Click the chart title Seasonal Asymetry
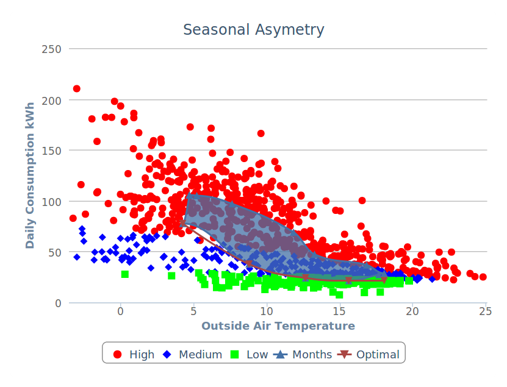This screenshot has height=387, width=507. tap(254, 30)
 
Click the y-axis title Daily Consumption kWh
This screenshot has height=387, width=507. tap(30, 176)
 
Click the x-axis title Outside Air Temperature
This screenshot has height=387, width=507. tap(278, 326)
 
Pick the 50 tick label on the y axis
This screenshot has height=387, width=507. tap(56, 252)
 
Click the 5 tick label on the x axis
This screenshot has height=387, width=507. tap(193, 311)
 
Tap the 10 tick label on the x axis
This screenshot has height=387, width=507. tap(267, 311)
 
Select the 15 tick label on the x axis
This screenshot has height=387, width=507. tap(340, 311)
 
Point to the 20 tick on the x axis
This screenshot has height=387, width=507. tap(413, 311)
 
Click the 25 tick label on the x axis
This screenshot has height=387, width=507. tap(486, 311)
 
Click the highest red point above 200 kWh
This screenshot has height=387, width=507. tap(77, 89)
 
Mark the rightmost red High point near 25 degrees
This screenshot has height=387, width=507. tap(483, 277)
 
